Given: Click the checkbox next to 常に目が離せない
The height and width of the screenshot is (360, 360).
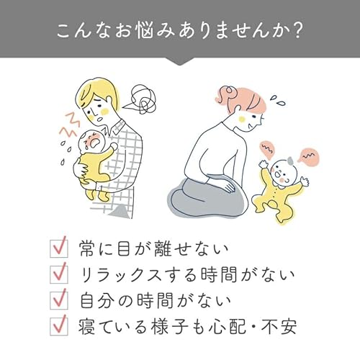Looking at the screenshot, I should click(x=58, y=249).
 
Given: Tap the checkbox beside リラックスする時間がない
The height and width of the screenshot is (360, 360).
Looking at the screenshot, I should click(x=58, y=274).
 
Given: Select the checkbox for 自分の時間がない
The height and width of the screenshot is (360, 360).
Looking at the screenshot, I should click(x=58, y=300).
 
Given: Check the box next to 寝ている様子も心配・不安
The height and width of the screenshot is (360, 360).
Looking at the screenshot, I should click(x=58, y=325).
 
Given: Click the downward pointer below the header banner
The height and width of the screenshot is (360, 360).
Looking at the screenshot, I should click(x=180, y=61).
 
